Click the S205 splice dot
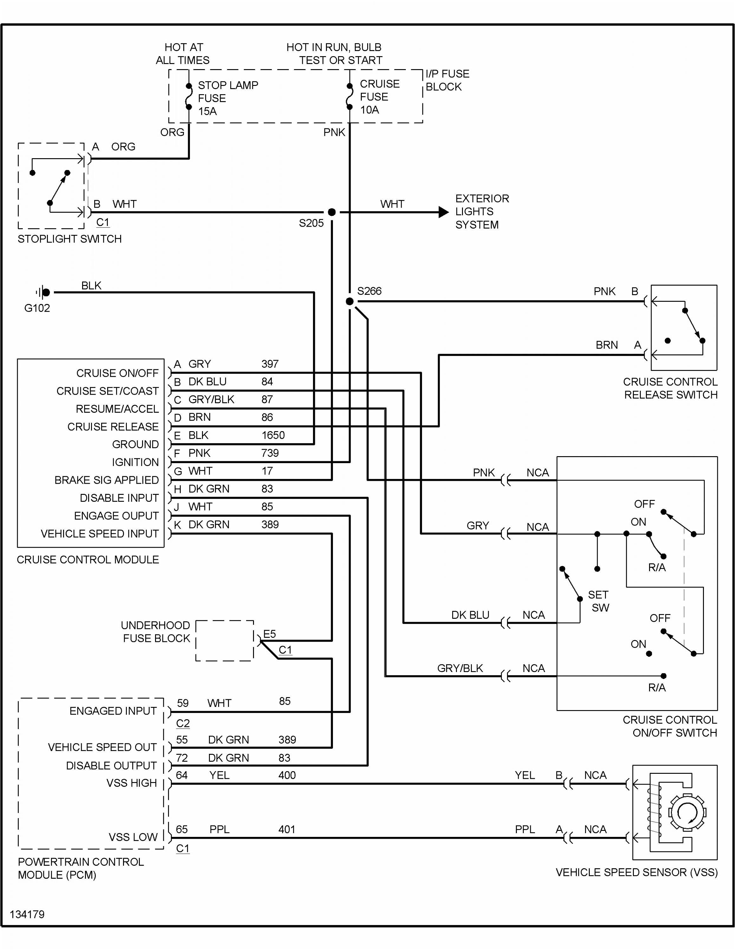pos(332,212)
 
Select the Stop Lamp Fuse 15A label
pos(227,98)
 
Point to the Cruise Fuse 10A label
pos(379,97)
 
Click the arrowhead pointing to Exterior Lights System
pos(443,212)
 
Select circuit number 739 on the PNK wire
pos(270,453)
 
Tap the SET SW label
pos(599,601)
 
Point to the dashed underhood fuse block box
pos(225,641)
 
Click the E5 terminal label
pos(270,634)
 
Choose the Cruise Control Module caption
pos(88,560)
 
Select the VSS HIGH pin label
pos(132,783)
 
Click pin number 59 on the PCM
pos(182,703)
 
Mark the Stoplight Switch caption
pos(70,239)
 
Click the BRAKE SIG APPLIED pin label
pos(106,480)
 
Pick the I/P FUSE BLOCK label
pos(447,80)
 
